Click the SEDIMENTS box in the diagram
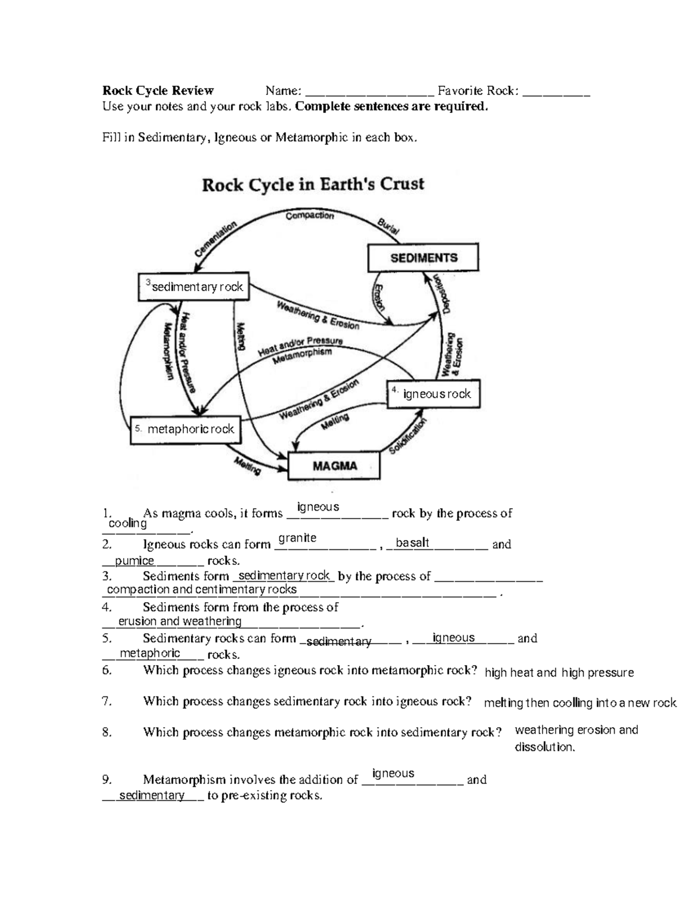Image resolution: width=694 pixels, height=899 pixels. click(x=423, y=258)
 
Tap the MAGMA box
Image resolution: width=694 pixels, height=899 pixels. click(x=335, y=466)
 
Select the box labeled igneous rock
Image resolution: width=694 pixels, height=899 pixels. click(x=433, y=394)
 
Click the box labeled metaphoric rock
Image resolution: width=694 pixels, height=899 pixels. click(x=185, y=430)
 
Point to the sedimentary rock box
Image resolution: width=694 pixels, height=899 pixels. click(x=194, y=287)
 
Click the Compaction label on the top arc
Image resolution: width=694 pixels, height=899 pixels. click(x=309, y=215)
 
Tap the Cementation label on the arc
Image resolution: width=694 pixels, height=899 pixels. click(x=216, y=238)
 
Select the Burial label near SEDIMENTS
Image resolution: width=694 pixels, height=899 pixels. click(x=388, y=226)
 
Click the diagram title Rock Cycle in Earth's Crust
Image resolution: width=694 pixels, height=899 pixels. click(x=313, y=185)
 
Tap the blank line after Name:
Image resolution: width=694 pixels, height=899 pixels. click(x=369, y=91)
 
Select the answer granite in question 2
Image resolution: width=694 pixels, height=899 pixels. click(x=297, y=538)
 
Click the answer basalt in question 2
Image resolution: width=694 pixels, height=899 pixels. click(x=412, y=542)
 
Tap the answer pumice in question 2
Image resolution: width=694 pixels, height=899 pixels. click(x=134, y=560)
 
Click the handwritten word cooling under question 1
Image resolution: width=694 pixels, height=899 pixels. click(x=128, y=523)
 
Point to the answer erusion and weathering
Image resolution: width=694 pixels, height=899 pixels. click(x=179, y=621)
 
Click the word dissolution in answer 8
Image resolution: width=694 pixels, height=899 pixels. click(x=544, y=747)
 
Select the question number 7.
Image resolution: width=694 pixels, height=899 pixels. click(x=106, y=701)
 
